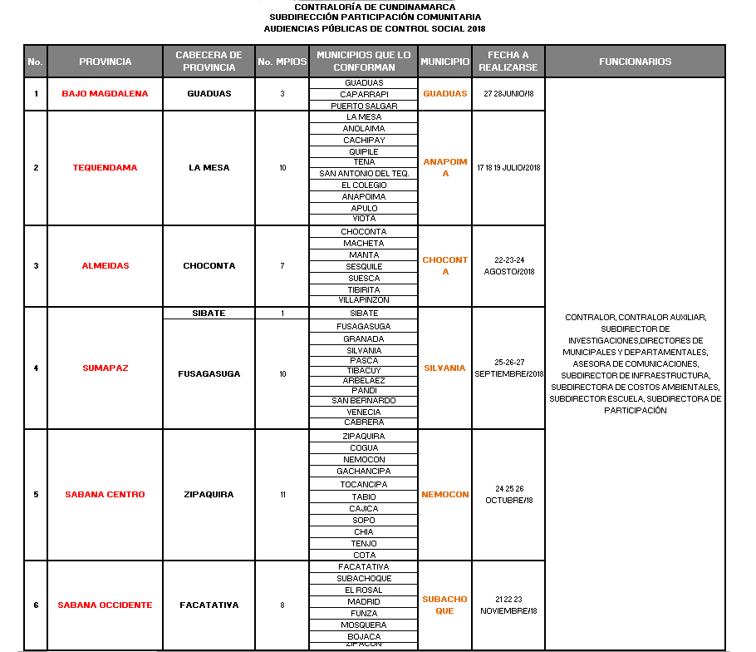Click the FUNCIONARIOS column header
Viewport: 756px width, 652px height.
click(x=635, y=62)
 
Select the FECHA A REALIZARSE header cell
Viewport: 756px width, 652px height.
click(x=508, y=62)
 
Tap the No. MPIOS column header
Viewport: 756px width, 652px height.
click(x=282, y=62)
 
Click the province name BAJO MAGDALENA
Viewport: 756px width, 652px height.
click(x=105, y=94)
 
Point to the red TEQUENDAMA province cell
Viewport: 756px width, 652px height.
click(x=105, y=168)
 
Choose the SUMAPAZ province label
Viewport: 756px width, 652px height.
click(x=105, y=368)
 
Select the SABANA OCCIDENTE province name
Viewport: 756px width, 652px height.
click(x=105, y=605)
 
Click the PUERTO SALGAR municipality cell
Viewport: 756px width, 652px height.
click(x=364, y=106)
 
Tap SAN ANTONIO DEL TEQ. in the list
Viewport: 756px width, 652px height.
click(x=364, y=174)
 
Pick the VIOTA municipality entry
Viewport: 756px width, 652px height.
click(x=364, y=219)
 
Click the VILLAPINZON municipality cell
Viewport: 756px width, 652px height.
click(x=364, y=300)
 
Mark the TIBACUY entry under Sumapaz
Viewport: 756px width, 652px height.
click(x=364, y=370)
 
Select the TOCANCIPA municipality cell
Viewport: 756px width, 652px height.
click(x=364, y=484)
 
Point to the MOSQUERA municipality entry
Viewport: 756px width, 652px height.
click(x=364, y=625)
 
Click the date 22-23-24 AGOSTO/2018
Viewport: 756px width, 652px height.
click(x=508, y=266)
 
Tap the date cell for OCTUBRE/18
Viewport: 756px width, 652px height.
click(x=508, y=494)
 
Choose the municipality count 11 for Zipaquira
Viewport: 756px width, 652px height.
click(x=282, y=495)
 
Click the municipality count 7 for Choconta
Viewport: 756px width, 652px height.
click(x=282, y=266)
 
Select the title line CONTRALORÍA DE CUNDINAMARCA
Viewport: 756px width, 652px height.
click(x=375, y=7)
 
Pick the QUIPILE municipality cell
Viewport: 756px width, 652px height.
click(x=364, y=151)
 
